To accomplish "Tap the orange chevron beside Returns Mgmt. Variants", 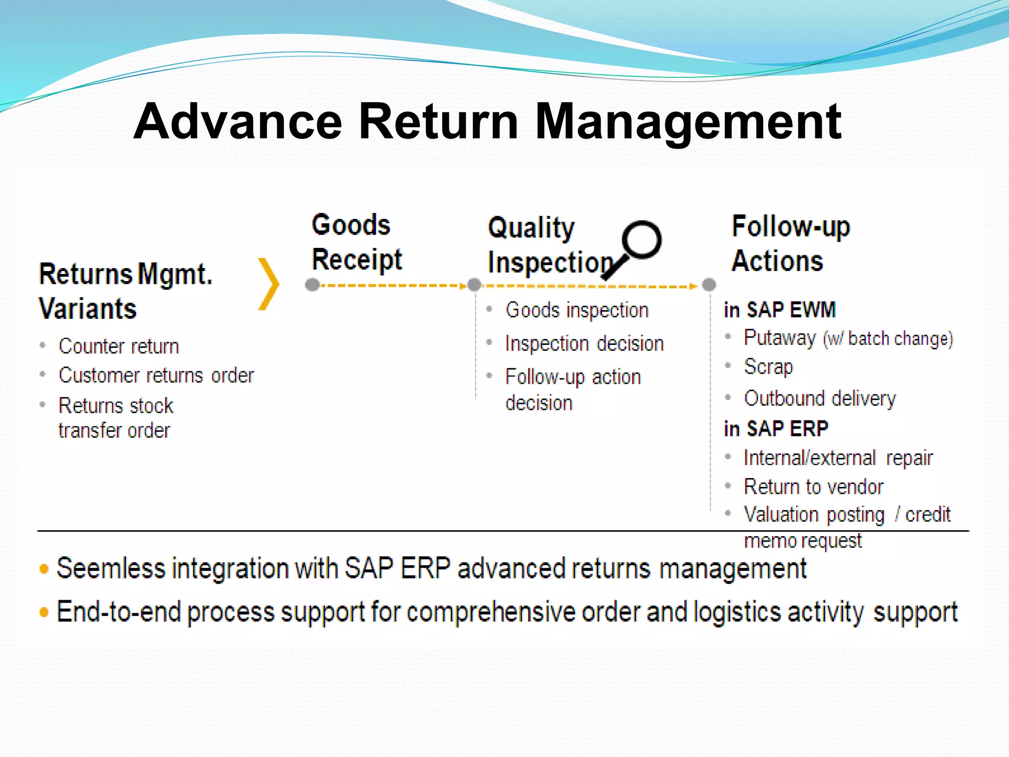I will pyautogui.click(x=269, y=284).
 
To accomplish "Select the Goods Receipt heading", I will pyautogui.click(x=357, y=242).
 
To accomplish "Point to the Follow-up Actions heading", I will pyautogui.click(x=790, y=243).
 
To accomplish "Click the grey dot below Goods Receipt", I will pyautogui.click(x=312, y=285).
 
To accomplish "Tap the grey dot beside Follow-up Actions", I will pyautogui.click(x=708, y=284).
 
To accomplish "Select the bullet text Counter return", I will pyautogui.click(x=119, y=346).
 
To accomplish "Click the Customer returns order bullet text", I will pyautogui.click(x=156, y=376).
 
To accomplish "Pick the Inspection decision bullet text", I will pyautogui.click(x=584, y=344).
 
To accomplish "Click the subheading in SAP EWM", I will pyautogui.click(x=779, y=310).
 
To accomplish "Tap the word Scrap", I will pyautogui.click(x=768, y=367).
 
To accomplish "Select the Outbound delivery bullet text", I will pyautogui.click(x=820, y=398).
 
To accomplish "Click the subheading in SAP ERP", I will pyautogui.click(x=776, y=429).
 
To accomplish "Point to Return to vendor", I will pyautogui.click(x=813, y=487).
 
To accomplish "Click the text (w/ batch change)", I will pyautogui.click(x=888, y=339).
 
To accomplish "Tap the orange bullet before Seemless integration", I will pyautogui.click(x=44, y=569).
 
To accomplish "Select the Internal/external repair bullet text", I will pyautogui.click(x=838, y=458).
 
